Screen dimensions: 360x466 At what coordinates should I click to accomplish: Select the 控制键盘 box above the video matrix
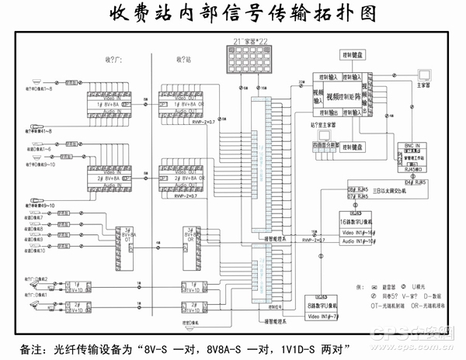(x=353, y=56)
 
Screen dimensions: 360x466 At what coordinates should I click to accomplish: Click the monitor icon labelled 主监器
(x=424, y=76)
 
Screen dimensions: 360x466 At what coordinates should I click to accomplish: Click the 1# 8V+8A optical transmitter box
(x=109, y=103)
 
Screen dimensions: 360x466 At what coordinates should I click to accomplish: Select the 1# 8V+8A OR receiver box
(x=183, y=103)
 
